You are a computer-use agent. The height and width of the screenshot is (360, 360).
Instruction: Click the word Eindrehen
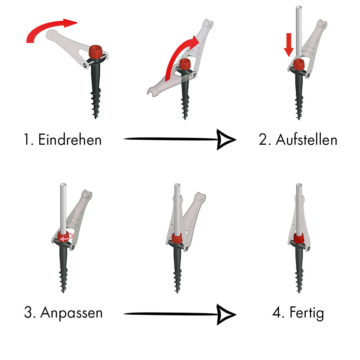coord(70,139)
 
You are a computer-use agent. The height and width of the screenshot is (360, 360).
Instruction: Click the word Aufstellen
coord(306,139)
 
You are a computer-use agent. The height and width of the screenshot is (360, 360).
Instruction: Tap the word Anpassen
coord(71,313)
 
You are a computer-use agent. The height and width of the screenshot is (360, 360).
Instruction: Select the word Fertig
coord(307,313)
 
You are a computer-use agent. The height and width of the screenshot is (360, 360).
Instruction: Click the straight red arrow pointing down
coord(289,45)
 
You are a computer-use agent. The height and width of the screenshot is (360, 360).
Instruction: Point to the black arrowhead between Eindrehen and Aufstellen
coord(226,139)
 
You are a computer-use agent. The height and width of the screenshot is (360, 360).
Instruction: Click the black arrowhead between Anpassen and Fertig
coord(226,314)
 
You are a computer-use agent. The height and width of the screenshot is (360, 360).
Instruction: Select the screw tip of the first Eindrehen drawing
coord(95,117)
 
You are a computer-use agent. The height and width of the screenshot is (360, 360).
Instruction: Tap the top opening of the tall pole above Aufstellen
coord(299,8)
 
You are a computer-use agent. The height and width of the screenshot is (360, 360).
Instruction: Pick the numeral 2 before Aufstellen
coord(263,140)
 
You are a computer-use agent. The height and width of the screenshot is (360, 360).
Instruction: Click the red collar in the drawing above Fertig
coord(299,238)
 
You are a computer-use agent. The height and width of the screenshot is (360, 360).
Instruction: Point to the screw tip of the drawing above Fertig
coord(299,292)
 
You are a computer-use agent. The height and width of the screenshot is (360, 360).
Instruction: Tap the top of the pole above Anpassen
coord(63,185)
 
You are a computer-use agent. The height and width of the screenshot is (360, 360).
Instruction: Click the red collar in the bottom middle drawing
coord(177,238)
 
